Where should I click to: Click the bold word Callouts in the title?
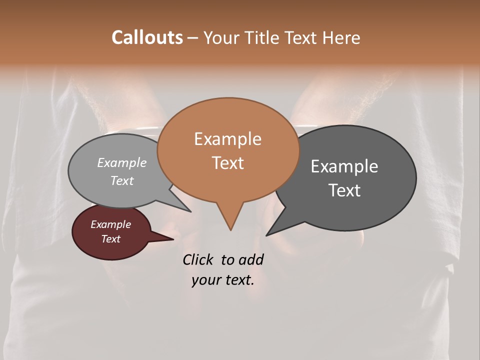147,37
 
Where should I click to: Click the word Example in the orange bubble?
227,139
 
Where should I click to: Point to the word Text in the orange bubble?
227,163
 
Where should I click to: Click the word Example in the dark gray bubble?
344,166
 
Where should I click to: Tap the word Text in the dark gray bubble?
344,190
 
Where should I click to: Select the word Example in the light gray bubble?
122,163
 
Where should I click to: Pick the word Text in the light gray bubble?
122,180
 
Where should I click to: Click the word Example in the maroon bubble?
111,224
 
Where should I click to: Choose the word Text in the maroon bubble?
111,239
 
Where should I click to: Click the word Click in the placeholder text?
198,259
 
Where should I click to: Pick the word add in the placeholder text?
251,259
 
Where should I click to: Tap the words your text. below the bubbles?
223,280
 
